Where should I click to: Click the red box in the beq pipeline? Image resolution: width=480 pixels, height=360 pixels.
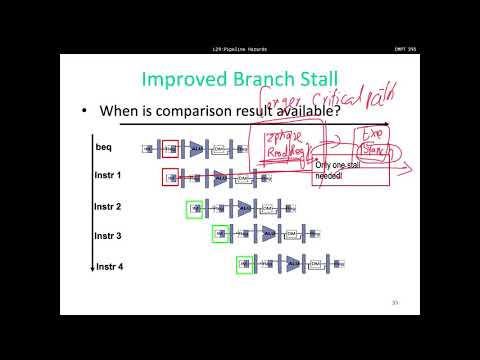(170, 149)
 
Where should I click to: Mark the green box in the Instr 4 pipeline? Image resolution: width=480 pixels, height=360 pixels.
(244, 264)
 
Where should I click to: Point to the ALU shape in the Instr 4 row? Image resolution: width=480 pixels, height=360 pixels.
(292, 264)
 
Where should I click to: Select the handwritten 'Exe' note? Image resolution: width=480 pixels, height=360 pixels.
(370, 133)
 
